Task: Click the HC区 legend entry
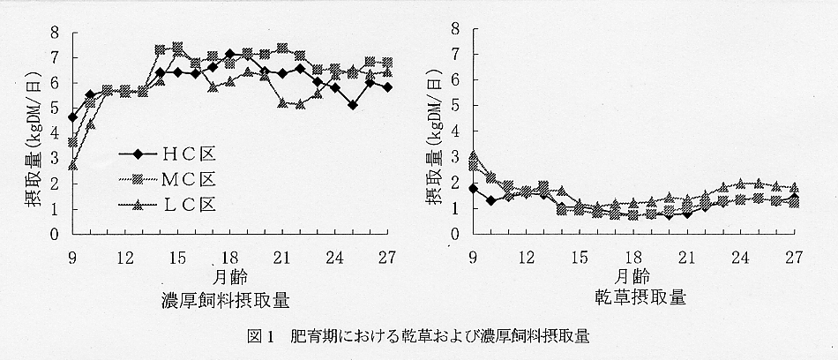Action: point(167,152)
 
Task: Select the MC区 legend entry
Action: point(167,178)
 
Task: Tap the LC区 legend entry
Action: point(167,205)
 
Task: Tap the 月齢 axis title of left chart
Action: point(229,274)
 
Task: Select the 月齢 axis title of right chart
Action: point(633,274)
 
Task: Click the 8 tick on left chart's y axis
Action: point(54,33)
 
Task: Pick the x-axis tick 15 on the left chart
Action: point(177,256)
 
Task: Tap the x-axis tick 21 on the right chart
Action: point(686,256)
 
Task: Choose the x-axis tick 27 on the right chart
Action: point(793,256)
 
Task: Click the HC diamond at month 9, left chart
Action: point(72,117)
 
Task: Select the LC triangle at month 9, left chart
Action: point(72,166)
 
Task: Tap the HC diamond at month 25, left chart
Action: point(353,105)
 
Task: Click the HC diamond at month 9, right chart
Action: point(474,189)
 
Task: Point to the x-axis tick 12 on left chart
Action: point(124,256)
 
